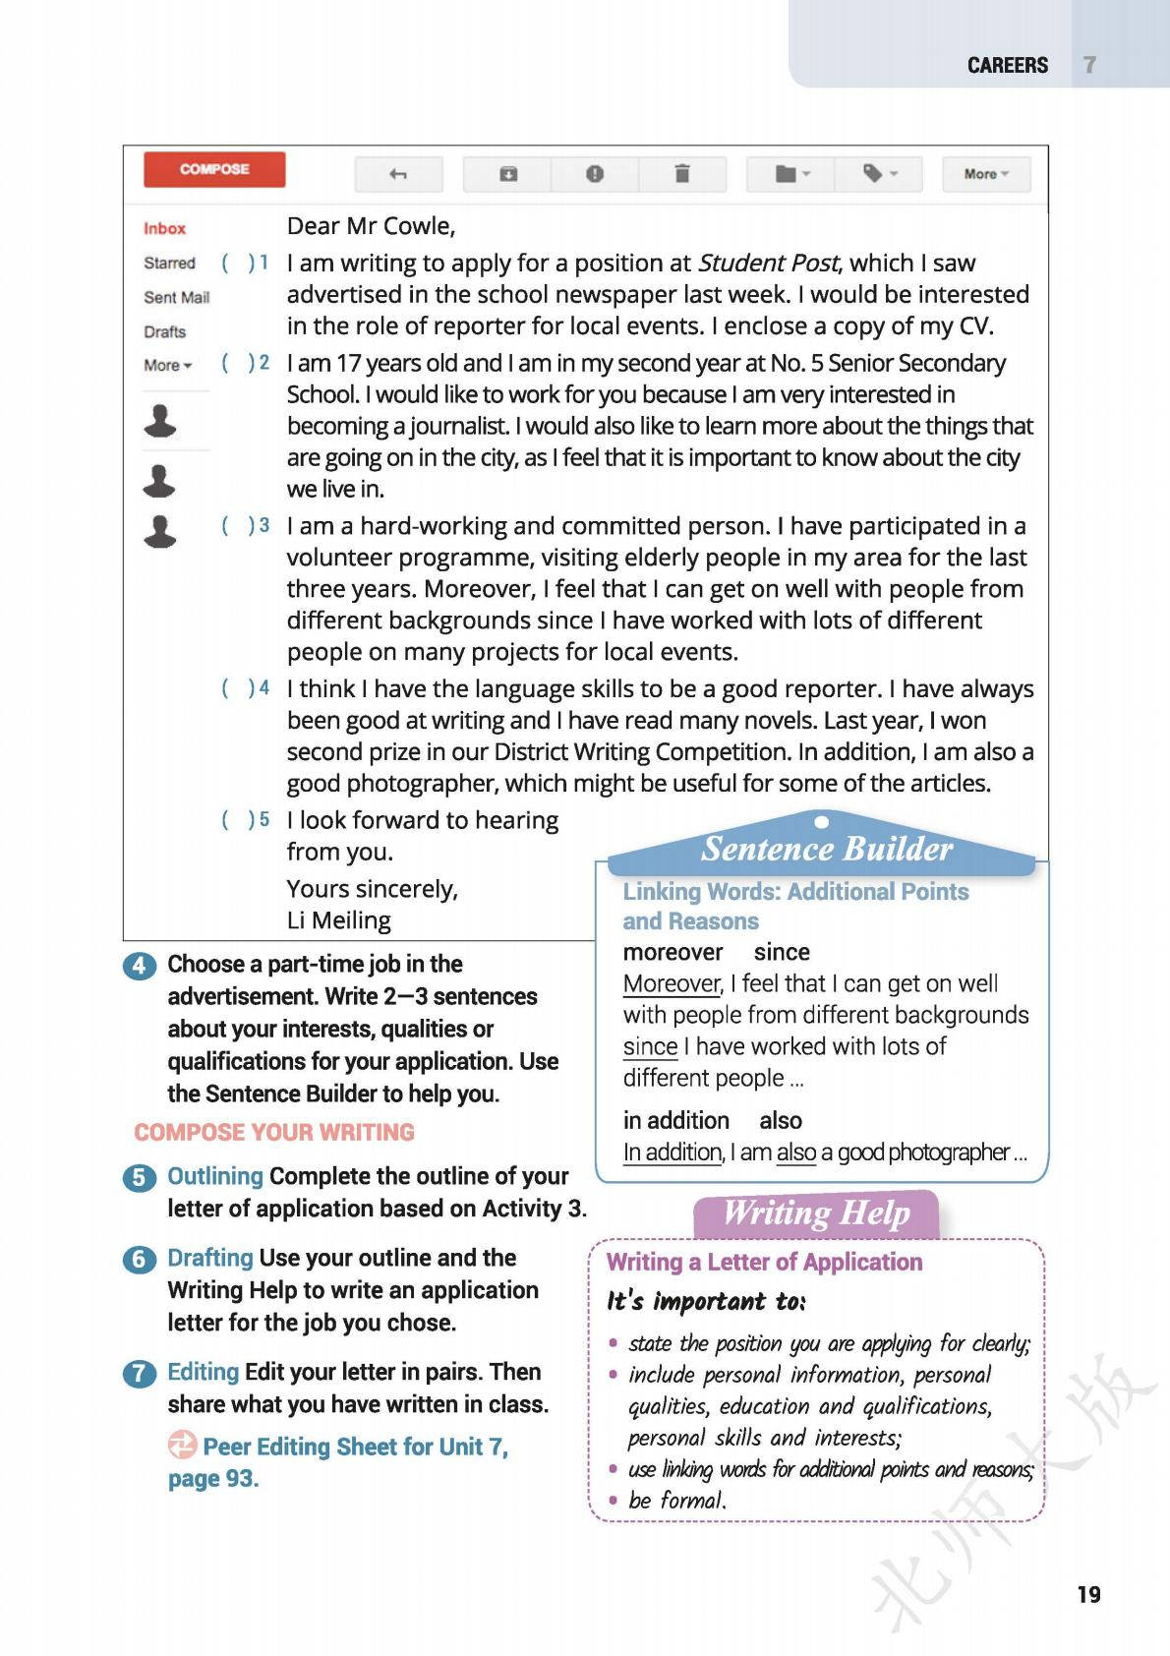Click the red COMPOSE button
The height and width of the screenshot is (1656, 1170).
pos(214,169)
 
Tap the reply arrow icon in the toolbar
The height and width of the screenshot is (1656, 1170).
pos(398,174)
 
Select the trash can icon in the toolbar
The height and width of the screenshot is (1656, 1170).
pos(681,174)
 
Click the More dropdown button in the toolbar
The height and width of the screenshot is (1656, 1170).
pos(986,174)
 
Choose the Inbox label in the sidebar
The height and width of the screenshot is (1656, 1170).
pos(164,228)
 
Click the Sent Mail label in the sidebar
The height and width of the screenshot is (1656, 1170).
pos(177,297)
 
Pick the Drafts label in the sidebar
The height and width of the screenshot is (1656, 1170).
pos(165,331)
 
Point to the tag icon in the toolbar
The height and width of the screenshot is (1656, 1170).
pos(878,174)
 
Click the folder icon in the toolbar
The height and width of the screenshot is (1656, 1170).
pos(790,174)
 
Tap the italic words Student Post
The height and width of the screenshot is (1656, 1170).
pos(768,263)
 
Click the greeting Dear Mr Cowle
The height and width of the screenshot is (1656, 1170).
pos(371,226)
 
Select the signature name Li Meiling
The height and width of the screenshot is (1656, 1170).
pos(338,920)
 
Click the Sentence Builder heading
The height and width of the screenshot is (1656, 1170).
pos(826,849)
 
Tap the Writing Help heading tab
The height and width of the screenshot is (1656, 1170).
pos(816,1213)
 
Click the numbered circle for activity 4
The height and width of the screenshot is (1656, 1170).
pos(139,966)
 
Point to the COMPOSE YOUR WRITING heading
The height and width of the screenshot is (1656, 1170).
pos(274,1132)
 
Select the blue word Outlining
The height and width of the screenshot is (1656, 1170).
pos(215,1176)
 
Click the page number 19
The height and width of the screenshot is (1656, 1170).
pos(1088,1595)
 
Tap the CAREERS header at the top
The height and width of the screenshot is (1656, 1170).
pos(1008,65)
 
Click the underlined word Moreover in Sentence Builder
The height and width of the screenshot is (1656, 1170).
pos(672,983)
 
